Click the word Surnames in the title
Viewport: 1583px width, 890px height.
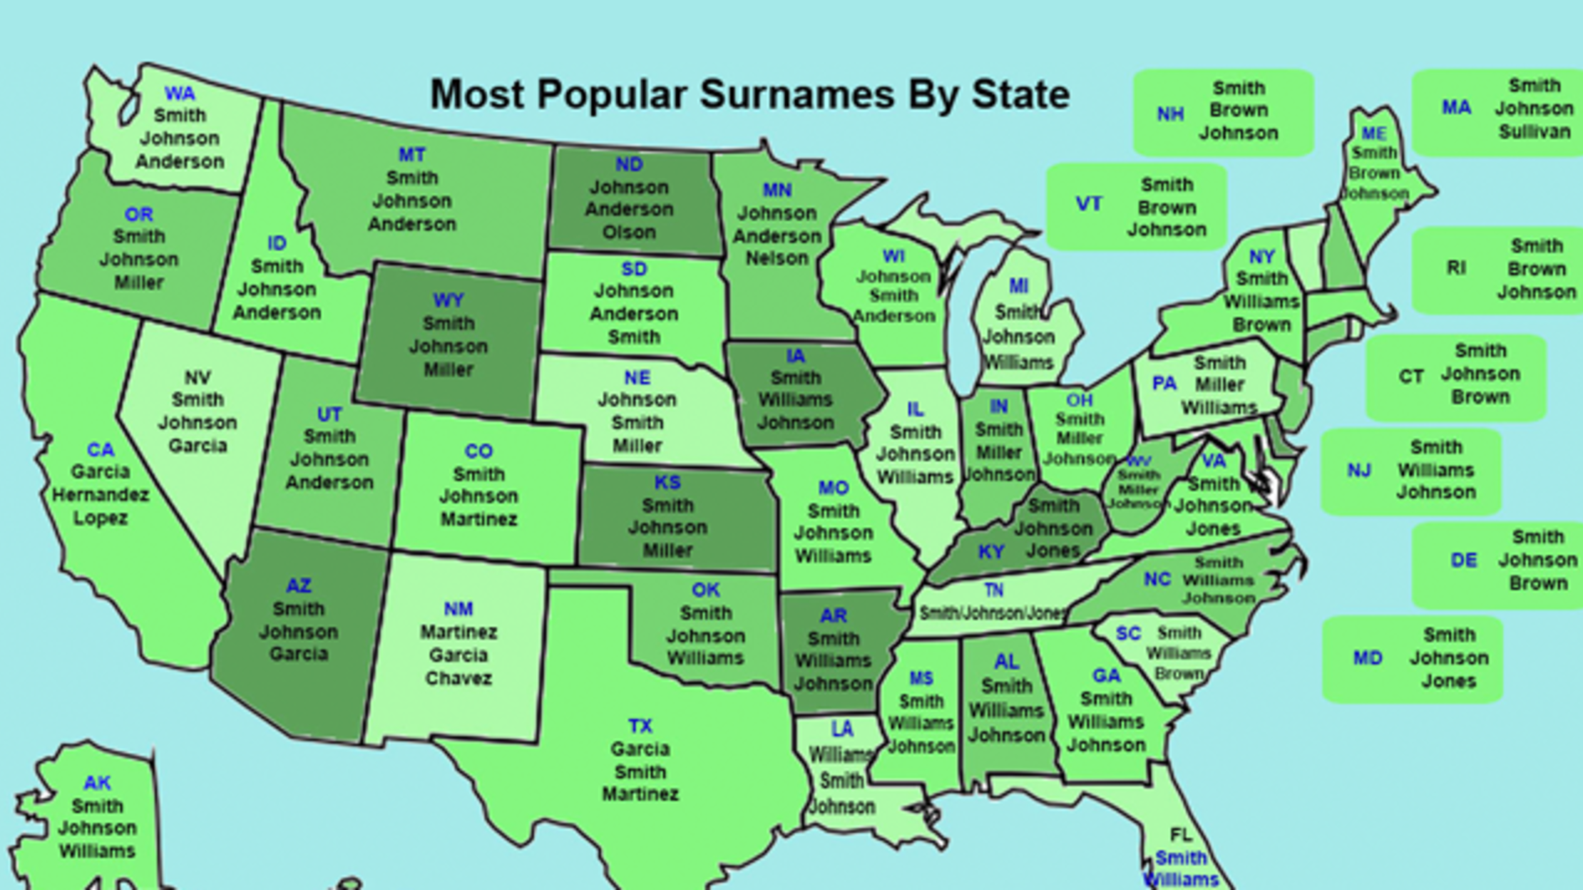(x=796, y=95)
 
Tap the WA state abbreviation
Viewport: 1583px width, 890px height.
(x=179, y=93)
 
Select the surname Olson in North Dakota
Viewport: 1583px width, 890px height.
(x=629, y=232)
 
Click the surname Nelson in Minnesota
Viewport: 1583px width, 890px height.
(x=777, y=258)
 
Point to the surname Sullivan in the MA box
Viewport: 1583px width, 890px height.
(x=1535, y=132)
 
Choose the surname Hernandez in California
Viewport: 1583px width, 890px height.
(x=100, y=495)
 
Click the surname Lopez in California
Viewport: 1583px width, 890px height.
(x=100, y=518)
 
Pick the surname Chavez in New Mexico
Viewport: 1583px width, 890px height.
(x=458, y=677)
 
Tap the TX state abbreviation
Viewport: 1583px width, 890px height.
(x=640, y=726)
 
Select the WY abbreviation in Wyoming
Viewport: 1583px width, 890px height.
(x=448, y=300)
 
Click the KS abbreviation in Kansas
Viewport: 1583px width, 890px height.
(x=667, y=483)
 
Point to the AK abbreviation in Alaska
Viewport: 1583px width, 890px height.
(x=97, y=783)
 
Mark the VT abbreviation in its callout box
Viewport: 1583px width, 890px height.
(x=1089, y=204)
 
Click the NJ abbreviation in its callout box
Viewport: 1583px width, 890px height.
(x=1359, y=471)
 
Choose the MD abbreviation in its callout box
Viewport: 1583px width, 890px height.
(x=1368, y=658)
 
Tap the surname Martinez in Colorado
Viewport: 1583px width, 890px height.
(x=478, y=519)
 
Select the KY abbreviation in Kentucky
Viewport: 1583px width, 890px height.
(x=990, y=552)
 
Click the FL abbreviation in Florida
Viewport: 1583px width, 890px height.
(x=1180, y=834)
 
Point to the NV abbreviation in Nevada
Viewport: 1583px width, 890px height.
(x=198, y=377)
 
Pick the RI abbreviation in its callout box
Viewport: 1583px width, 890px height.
(x=1455, y=268)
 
